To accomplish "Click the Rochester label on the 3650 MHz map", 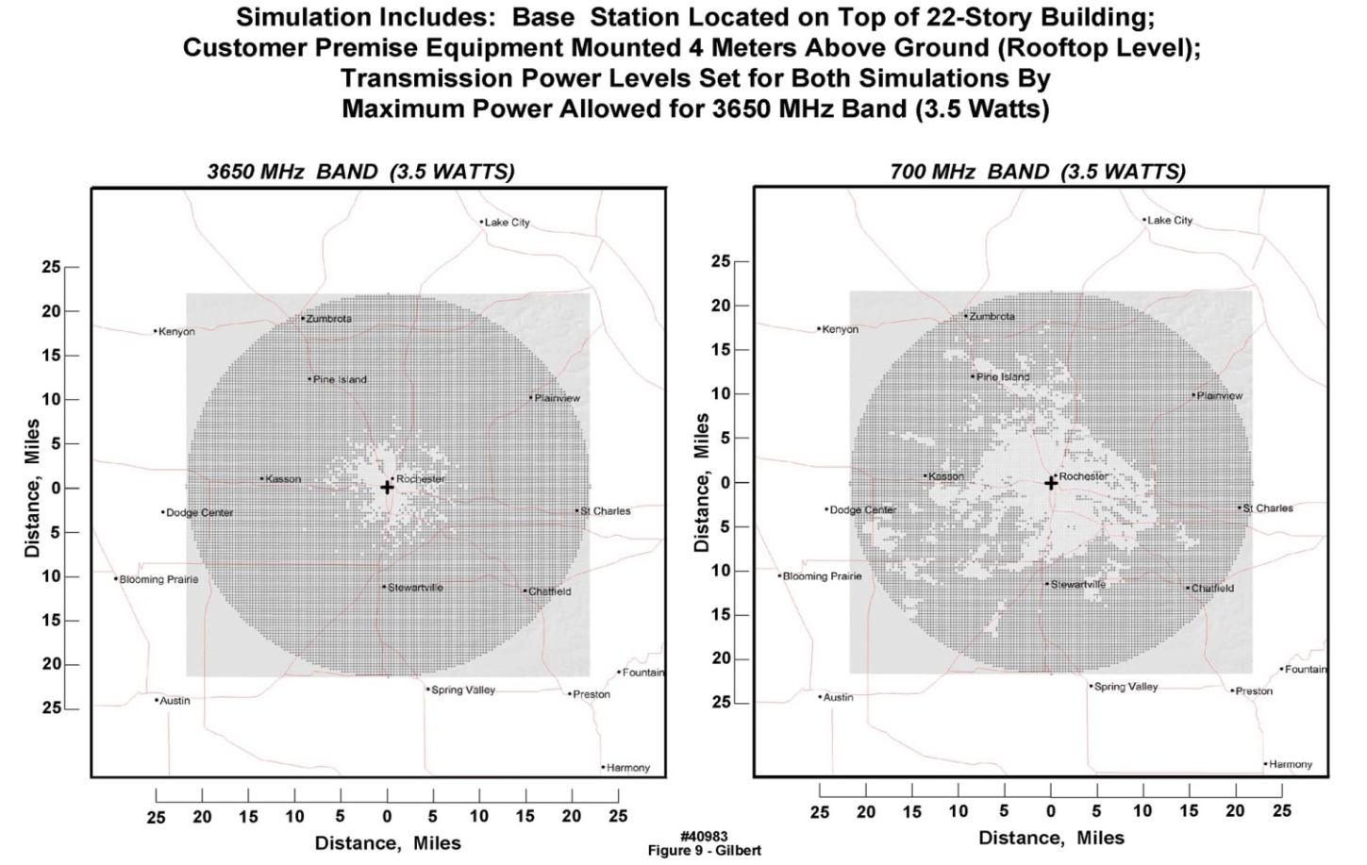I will (420, 479).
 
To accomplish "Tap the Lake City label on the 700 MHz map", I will (1170, 220).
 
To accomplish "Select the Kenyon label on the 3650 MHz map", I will (176, 332).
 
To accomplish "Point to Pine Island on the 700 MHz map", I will (1003, 377).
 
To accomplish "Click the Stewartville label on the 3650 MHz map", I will (415, 588).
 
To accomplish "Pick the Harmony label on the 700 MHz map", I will (1290, 764).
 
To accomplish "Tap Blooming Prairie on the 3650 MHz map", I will (158, 579).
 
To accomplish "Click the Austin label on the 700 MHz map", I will (838, 697).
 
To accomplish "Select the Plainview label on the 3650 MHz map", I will (557, 398).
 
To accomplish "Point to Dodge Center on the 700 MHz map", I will (862, 510).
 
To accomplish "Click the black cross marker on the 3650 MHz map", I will (387, 487).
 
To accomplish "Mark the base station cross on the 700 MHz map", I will (1050, 483).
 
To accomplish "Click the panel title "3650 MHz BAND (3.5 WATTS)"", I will (361, 172).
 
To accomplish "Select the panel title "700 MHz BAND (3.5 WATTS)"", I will (1038, 172).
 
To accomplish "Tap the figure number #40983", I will (704, 837).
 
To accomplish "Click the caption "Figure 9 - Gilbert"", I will (704, 850).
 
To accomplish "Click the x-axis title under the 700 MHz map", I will (1051, 838).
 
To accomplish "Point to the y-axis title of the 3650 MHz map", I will (33, 488).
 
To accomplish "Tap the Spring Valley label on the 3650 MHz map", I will (463, 690).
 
